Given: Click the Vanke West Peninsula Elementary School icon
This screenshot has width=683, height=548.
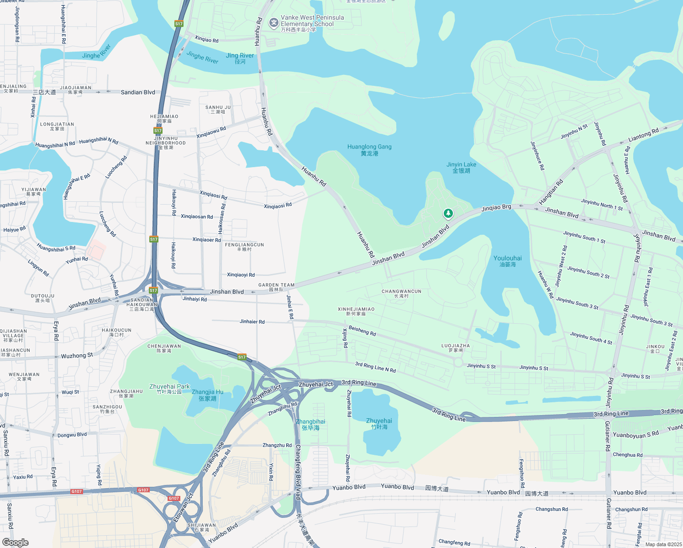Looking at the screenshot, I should tap(273, 23).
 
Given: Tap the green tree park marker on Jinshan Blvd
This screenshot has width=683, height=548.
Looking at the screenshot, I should tap(448, 213).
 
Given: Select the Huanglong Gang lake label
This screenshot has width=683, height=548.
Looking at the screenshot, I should tap(369, 150).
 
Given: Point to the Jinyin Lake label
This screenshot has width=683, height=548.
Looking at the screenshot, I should tap(461, 168).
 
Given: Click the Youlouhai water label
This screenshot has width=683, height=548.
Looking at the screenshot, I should tap(507, 261).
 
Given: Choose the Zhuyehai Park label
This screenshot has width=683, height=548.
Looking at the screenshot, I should tap(169, 389).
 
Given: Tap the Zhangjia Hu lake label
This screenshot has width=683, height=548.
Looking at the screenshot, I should tap(207, 395).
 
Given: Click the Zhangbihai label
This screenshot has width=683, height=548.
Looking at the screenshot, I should tap(310, 425).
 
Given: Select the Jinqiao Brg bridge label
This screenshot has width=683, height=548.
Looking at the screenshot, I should tap(496, 208).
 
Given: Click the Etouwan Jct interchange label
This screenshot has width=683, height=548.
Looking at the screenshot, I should tap(183, 507).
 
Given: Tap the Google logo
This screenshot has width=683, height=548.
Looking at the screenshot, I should tap(15, 543).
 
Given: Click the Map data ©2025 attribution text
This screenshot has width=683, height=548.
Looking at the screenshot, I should tap(663, 544).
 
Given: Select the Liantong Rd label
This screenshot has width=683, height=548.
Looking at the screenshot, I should tap(643, 135).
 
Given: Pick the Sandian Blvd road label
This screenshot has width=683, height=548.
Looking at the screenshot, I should tap(138, 92).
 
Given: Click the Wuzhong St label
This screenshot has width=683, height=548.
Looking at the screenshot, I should tap(77, 355).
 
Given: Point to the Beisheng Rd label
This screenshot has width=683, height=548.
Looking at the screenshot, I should tap(362, 331).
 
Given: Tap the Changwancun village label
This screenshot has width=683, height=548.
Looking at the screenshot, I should tap(401, 293).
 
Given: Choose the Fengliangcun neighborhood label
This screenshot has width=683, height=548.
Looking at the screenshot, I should tap(244, 247).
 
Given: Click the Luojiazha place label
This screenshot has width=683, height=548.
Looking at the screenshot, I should tap(456, 348).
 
